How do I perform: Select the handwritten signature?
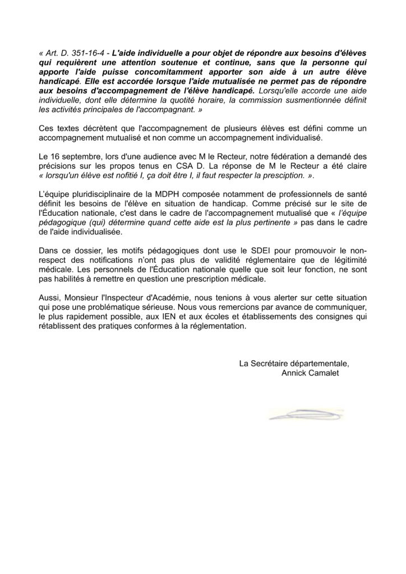306,415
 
